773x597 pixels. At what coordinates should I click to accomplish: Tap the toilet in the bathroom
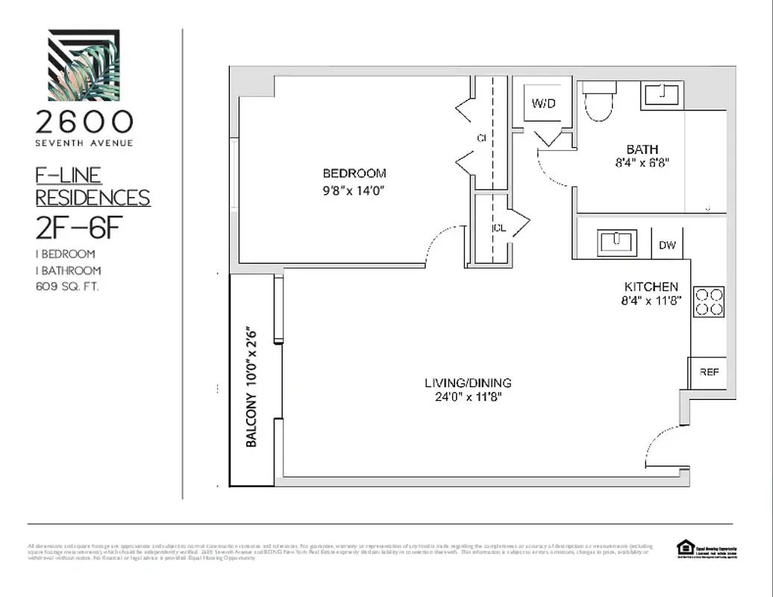coord(598,101)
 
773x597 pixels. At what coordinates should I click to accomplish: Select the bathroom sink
coord(662,96)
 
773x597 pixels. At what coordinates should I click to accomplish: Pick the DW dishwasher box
coord(666,245)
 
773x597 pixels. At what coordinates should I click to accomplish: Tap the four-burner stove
coord(709,301)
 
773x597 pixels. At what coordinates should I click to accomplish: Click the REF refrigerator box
coord(708,372)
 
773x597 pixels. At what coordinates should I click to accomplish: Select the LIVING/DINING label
coord(468,383)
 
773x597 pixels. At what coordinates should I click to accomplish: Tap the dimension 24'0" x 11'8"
coord(468,397)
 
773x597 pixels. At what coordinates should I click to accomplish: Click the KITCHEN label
coord(651,287)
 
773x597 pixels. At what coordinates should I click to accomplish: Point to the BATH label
coord(642,149)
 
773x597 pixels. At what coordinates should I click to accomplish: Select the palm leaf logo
coord(84,65)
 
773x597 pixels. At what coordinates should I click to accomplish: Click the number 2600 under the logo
coord(84,122)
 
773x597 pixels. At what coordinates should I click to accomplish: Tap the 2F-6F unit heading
coord(78,228)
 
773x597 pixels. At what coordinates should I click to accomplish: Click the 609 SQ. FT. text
coord(67,286)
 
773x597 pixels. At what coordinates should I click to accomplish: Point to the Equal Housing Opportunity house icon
coord(685,548)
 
